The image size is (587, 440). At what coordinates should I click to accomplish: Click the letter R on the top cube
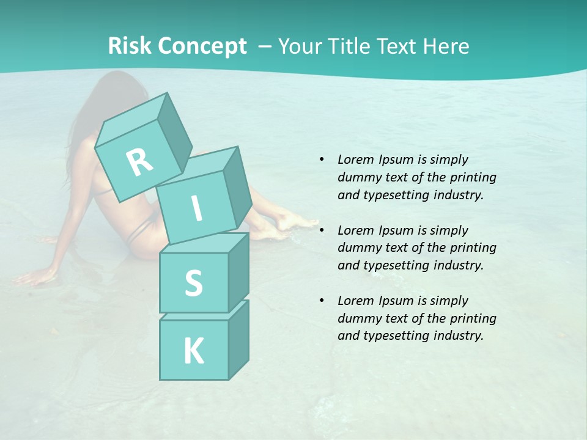click(x=140, y=163)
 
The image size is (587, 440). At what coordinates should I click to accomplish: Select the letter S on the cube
click(x=193, y=283)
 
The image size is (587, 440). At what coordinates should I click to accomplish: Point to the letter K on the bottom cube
click(x=193, y=351)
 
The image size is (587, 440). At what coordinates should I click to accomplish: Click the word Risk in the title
click(x=130, y=46)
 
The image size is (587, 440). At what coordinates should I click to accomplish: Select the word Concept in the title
click(x=202, y=46)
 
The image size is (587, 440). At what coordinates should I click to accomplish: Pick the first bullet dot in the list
click(x=322, y=159)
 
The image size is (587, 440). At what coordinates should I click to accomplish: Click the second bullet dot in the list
click(x=322, y=230)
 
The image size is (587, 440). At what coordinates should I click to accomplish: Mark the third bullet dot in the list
click(x=322, y=301)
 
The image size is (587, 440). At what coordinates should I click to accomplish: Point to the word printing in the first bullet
click(x=473, y=177)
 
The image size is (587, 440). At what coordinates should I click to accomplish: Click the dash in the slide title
click(x=265, y=46)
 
